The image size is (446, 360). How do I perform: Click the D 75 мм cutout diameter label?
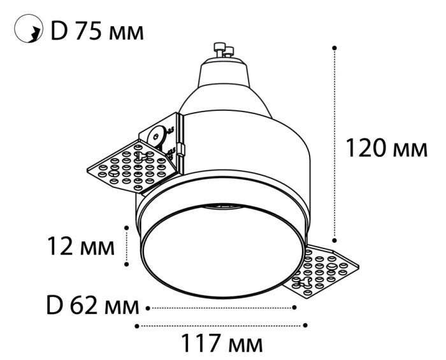97,31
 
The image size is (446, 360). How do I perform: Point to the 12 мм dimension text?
82,245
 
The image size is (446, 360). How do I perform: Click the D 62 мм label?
93,307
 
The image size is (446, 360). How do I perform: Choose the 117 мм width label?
221,345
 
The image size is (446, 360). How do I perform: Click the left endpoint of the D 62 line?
148,308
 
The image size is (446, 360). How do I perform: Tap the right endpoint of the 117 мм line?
306,326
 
